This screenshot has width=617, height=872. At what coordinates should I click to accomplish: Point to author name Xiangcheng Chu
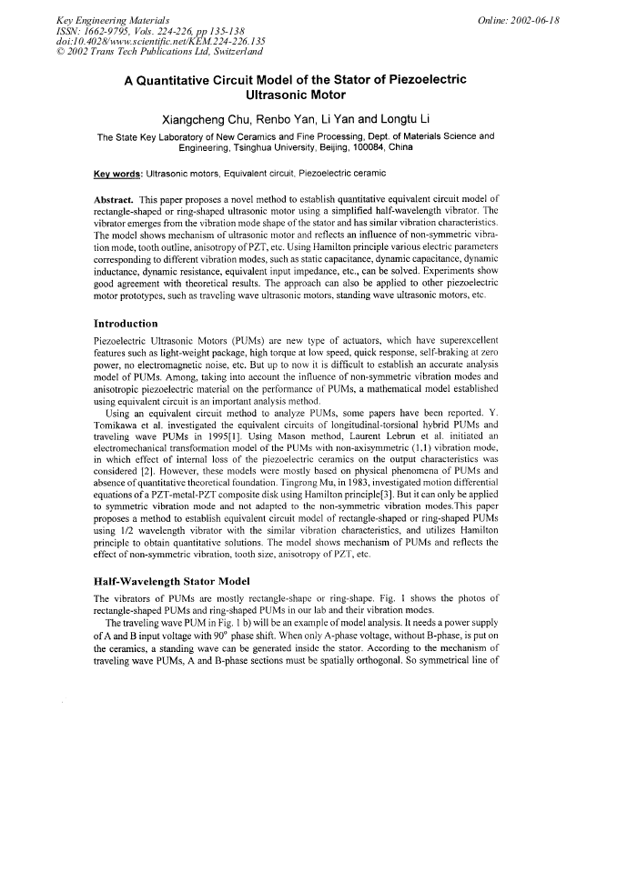coord(202,119)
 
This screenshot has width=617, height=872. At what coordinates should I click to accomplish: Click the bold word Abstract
coord(117,197)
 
